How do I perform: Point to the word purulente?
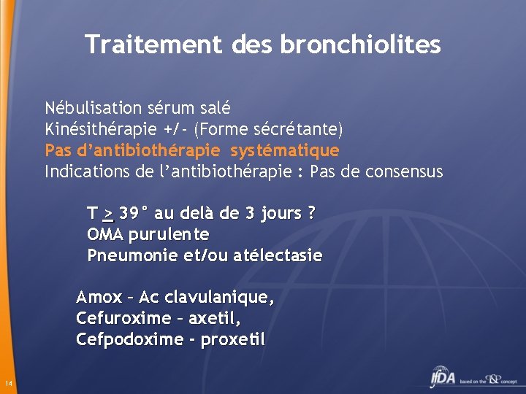169,235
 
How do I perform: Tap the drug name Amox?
99,298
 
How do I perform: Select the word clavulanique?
218,298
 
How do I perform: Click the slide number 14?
7,384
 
